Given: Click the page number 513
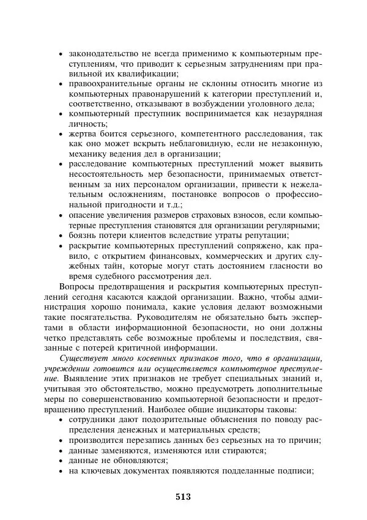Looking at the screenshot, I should [x=183, y=497].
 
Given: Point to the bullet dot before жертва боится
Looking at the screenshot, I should [x=61, y=134].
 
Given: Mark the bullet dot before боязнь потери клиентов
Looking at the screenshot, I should [x=61, y=237].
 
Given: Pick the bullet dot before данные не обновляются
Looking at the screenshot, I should [x=61, y=461].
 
